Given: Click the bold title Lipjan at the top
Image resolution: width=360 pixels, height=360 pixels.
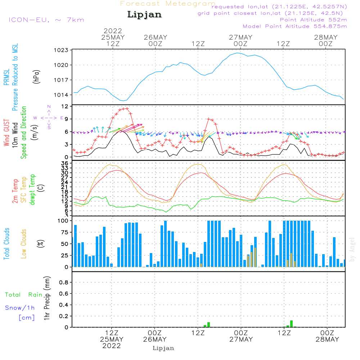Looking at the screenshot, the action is coord(144,15).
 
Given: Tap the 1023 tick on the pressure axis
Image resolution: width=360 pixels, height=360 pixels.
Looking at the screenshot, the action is coord(61,50).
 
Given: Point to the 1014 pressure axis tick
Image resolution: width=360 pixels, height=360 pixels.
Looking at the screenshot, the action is coord(61,95).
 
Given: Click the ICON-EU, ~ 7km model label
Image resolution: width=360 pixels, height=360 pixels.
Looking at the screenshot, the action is coord(46,20).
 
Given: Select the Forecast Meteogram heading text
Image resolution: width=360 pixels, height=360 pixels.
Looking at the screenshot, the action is coord(168,4).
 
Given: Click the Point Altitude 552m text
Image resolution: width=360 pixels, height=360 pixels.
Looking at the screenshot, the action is coord(313,20).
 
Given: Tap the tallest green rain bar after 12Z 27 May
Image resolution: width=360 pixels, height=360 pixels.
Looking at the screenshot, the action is coord(291,324).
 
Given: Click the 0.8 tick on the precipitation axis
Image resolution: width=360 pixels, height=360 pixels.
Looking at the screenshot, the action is coord(64,282).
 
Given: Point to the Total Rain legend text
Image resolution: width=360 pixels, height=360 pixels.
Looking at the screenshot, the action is coord(24,294).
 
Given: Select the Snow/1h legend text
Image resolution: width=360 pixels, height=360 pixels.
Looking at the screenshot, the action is coord(20,308).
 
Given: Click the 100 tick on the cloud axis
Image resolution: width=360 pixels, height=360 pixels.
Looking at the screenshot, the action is coord(63,221).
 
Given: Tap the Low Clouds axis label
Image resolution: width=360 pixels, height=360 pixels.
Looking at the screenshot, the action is coord(24,244).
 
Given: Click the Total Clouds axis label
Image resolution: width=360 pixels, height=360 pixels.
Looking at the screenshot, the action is coord(6,244).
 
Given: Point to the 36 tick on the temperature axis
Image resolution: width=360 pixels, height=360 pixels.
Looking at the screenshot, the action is coord(65,163).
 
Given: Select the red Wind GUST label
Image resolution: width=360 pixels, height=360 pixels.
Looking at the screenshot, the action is coord(6,132).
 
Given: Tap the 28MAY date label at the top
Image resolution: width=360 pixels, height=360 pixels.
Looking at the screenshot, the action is coord(326,37).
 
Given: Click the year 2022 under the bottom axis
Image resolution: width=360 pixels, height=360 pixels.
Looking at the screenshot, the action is coord(112,346).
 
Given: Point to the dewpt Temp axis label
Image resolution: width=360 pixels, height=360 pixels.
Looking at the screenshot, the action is coord(32,189).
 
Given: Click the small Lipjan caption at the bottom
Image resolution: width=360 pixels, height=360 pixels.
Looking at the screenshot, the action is coord(163,348).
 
